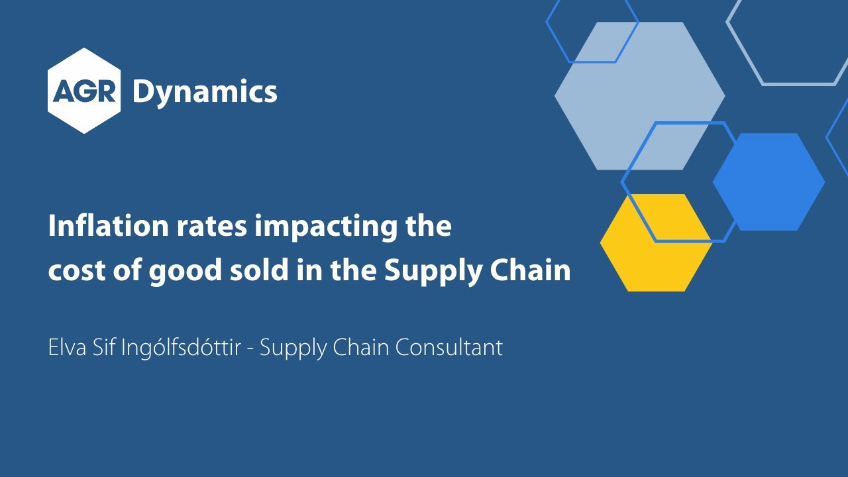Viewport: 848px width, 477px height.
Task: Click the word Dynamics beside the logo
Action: pyautogui.click(x=205, y=91)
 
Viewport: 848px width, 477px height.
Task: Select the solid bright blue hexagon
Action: pyautogui.click(x=768, y=182)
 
